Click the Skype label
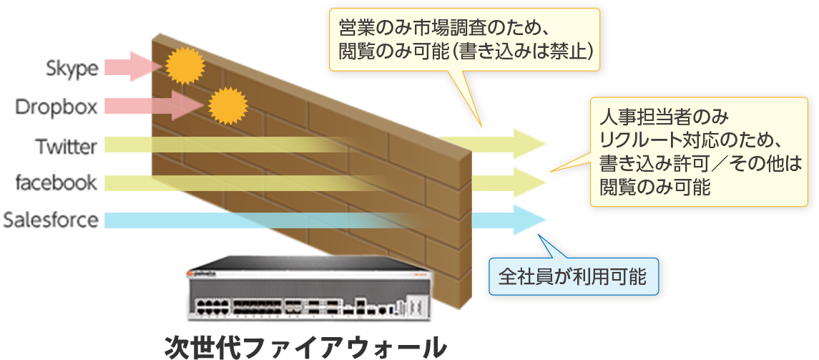click(x=72, y=69)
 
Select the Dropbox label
click(x=57, y=107)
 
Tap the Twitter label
click(x=67, y=147)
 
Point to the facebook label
click(x=57, y=183)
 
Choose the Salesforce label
click(x=51, y=219)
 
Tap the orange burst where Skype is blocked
click(x=185, y=66)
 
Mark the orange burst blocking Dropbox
click(x=227, y=106)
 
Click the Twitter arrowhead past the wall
click(x=528, y=145)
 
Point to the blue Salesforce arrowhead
click(x=528, y=220)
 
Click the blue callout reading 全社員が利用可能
click(x=572, y=276)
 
